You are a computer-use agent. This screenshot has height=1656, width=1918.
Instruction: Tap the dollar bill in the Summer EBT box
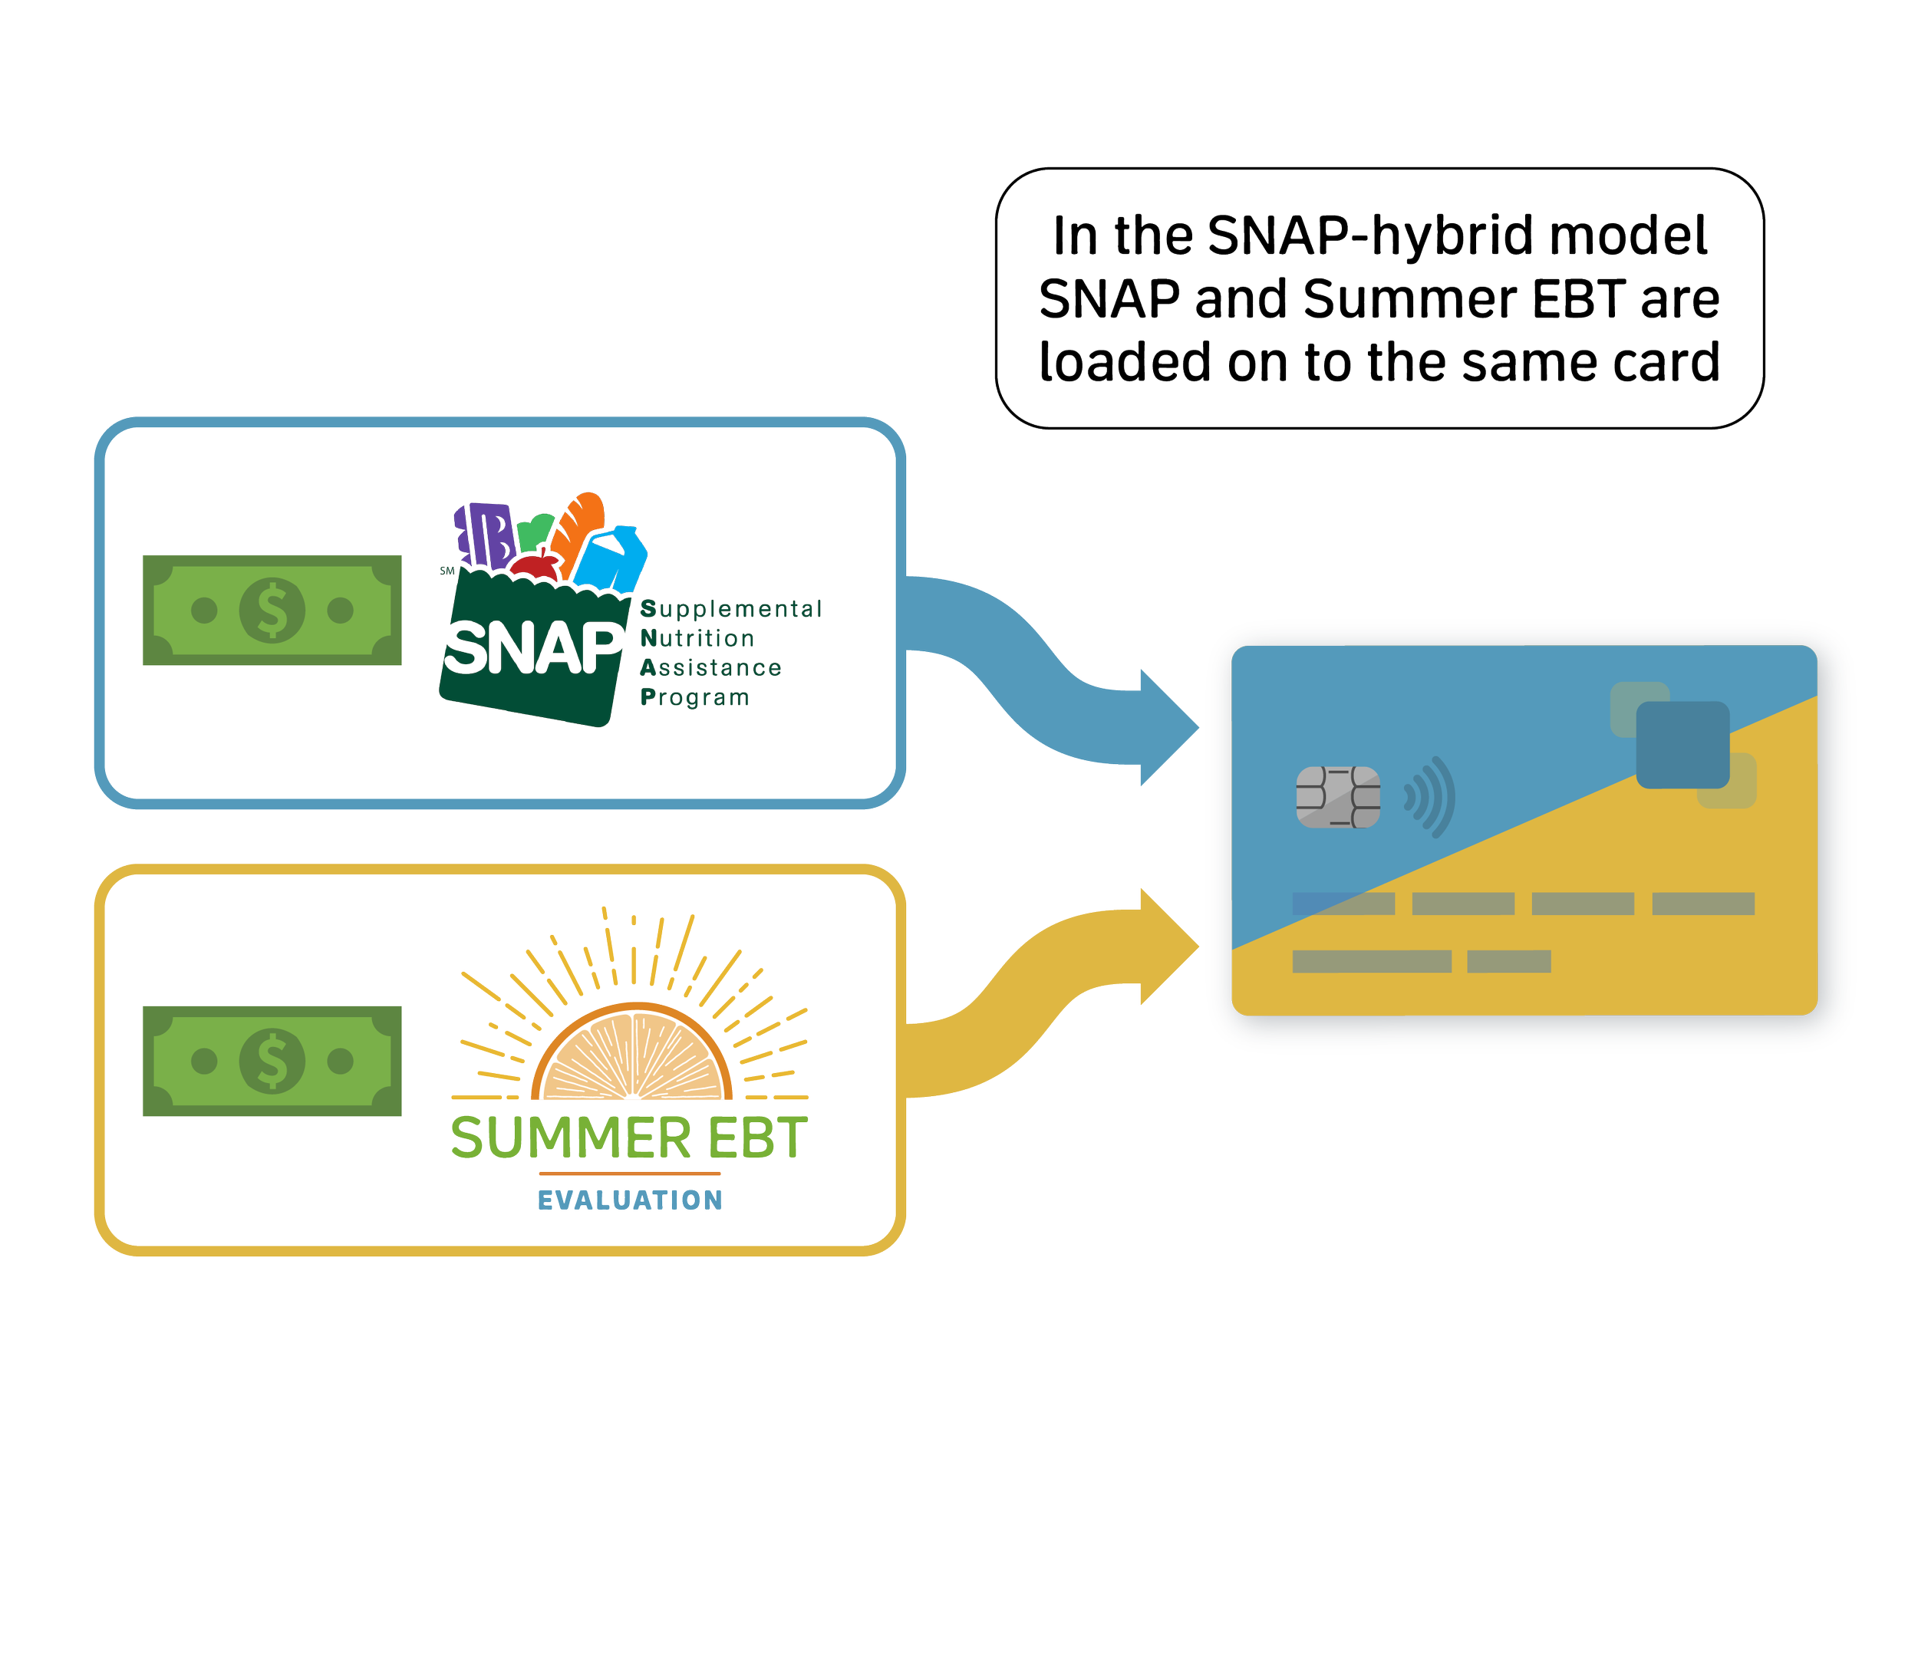pyautogui.click(x=272, y=1061)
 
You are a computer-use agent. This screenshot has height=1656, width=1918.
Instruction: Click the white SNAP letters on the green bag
pyautogui.click(x=533, y=647)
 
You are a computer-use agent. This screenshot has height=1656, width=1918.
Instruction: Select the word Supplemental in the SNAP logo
pyautogui.click(x=730, y=609)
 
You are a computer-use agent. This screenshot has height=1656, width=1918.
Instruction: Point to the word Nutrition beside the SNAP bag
pyautogui.click(x=697, y=639)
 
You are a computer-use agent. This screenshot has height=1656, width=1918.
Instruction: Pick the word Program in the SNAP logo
pyautogui.click(x=694, y=697)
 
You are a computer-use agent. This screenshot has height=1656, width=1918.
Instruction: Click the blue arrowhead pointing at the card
pyautogui.click(x=1168, y=728)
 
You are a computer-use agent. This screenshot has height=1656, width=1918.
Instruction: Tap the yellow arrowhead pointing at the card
pyautogui.click(x=1168, y=946)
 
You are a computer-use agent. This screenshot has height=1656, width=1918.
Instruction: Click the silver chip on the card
pyautogui.click(x=1337, y=796)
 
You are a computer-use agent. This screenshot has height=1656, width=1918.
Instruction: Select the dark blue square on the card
pyautogui.click(x=1682, y=745)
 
